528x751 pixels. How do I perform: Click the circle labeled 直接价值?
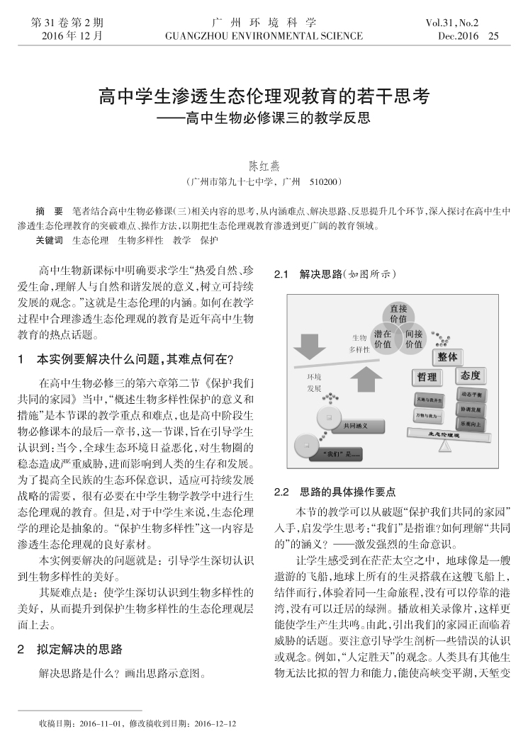pos(398,313)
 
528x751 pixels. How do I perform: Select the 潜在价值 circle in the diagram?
pos(383,339)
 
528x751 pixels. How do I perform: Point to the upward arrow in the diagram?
pos(366,380)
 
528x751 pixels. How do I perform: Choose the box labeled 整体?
pos(447,356)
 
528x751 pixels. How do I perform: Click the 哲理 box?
pos(427,377)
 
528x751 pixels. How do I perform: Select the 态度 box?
pos(470,375)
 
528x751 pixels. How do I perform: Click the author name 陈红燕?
pos(264,166)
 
